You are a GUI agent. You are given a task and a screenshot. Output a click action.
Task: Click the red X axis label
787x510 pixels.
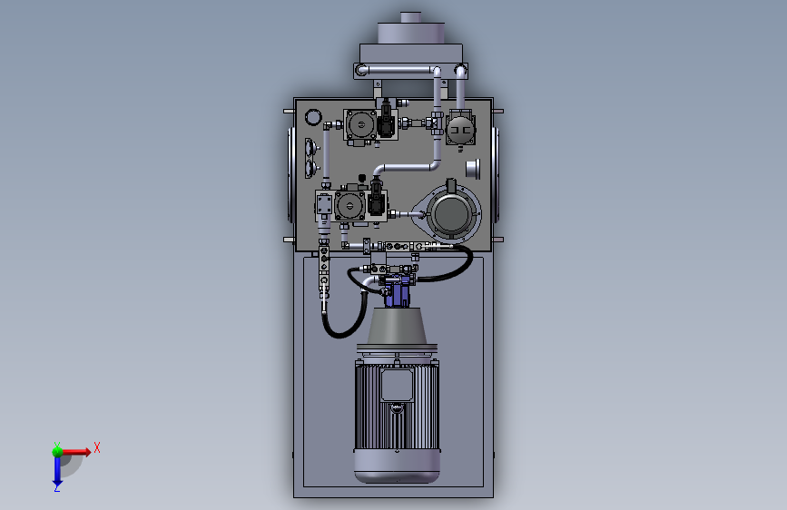pos(97,447)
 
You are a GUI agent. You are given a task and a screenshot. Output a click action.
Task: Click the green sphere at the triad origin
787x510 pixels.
pos(57,451)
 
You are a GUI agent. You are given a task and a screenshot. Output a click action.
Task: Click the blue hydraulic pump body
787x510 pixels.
pos(397,291)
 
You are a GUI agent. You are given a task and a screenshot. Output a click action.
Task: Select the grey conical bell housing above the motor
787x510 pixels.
pos(397,327)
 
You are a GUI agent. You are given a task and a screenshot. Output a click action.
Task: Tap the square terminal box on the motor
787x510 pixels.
pos(397,386)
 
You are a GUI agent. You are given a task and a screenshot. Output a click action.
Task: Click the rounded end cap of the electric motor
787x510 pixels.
pos(397,466)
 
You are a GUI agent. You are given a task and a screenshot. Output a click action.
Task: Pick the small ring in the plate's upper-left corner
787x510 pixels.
pos(313,117)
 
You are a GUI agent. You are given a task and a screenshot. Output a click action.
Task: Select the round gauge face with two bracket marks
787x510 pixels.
pos(460,130)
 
